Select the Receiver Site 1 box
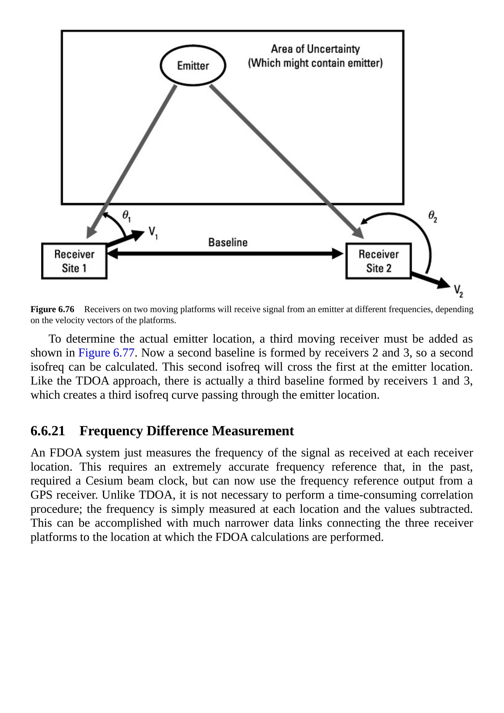74,261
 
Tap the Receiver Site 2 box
378,261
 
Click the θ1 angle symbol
126,216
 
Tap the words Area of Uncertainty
315,49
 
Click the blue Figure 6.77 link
106,353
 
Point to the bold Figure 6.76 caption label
52,309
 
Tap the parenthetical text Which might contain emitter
315,63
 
